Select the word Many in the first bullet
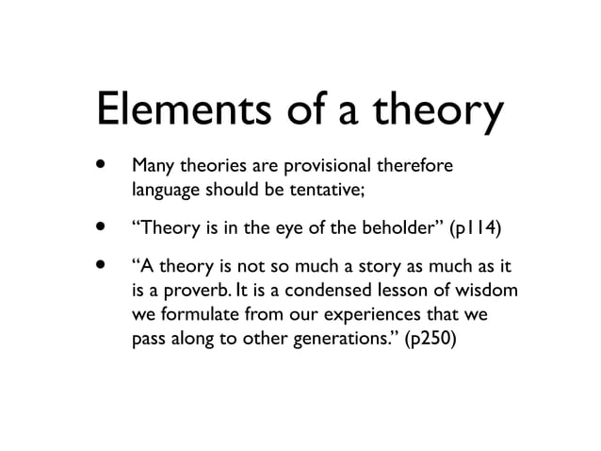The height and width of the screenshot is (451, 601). point(153,167)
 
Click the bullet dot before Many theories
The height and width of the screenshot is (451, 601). point(97,167)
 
